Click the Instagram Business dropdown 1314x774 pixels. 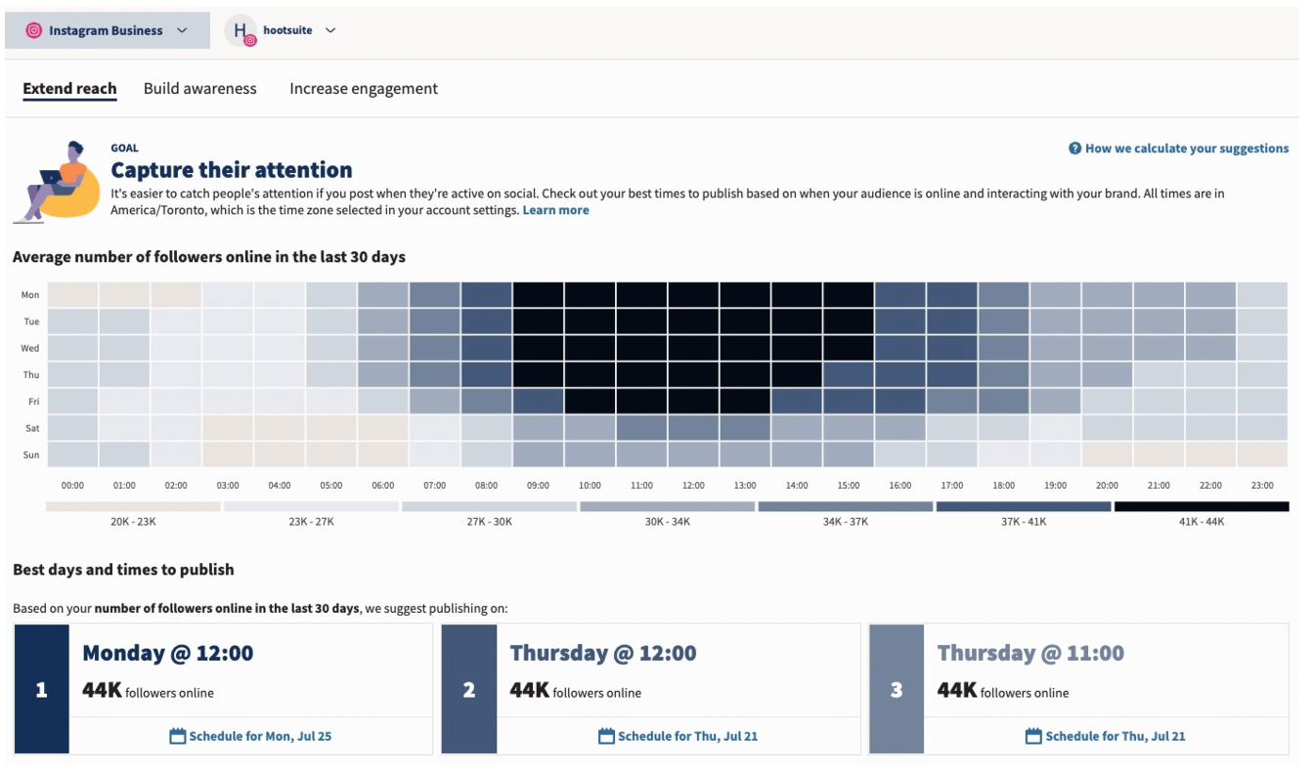point(107,30)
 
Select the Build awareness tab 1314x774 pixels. point(199,89)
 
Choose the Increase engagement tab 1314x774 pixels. point(364,89)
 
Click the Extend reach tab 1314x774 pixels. point(69,89)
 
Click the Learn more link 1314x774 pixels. point(555,210)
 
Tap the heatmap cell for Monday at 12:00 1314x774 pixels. point(693,295)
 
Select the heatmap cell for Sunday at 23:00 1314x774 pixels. point(1262,454)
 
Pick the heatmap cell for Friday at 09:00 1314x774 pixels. point(538,402)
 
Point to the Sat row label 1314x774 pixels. point(30,428)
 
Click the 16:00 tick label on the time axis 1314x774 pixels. point(899,485)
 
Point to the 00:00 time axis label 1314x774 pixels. point(72,485)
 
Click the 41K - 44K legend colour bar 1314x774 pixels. point(1201,506)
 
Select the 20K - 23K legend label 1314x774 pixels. point(133,522)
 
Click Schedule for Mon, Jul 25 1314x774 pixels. point(251,736)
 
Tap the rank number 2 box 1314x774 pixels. point(469,689)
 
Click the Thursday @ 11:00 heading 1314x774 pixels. point(1030,653)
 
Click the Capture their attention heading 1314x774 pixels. point(232,170)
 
